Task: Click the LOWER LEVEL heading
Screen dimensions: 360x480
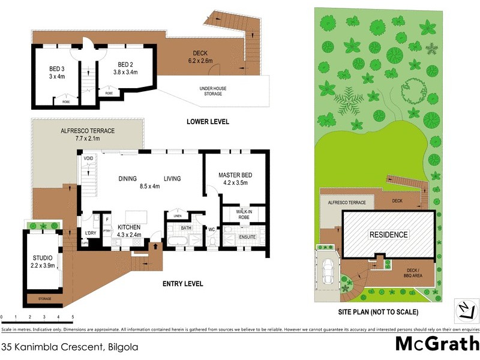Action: pyautogui.click(x=208, y=121)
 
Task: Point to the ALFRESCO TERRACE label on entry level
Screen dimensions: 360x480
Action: pyautogui.click(x=88, y=131)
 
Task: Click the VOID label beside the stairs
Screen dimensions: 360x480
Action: pyautogui.click(x=88, y=158)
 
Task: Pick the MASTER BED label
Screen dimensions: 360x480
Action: pyautogui.click(x=236, y=175)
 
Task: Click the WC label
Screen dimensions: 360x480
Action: pyautogui.click(x=212, y=229)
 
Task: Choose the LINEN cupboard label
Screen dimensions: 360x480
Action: pyautogui.click(x=177, y=216)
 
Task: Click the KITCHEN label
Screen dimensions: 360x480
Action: pyautogui.click(x=129, y=227)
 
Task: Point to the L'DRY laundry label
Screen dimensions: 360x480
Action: pyautogui.click(x=91, y=232)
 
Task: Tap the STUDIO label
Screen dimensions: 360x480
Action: pyautogui.click(x=43, y=258)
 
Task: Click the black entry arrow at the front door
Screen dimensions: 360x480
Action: pyautogui.click(x=157, y=245)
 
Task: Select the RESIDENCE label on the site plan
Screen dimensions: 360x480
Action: pyautogui.click(x=388, y=235)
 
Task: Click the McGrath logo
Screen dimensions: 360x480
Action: pyautogui.click(x=436, y=343)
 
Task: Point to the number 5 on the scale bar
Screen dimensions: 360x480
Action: pyautogui.click(x=73, y=316)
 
